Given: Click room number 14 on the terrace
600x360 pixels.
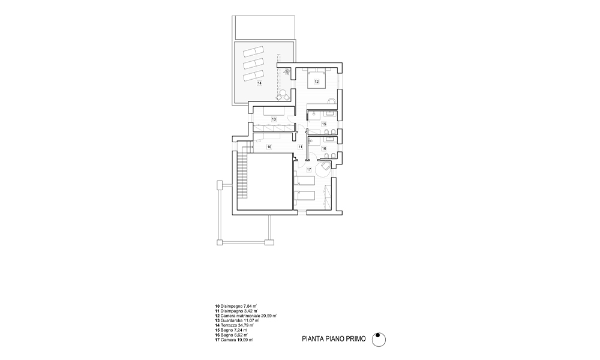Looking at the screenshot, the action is [259, 83].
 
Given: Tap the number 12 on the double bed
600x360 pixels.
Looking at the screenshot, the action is [316, 82].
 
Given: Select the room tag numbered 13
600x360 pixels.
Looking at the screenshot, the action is [274, 119].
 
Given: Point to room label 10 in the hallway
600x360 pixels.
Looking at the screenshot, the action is [269, 147].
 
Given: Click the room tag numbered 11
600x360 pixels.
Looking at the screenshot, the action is [301, 147].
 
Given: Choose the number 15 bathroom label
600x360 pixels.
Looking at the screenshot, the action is [324, 124].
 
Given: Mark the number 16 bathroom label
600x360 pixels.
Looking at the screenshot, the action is [324, 148].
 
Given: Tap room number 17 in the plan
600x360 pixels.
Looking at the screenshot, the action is [309, 169].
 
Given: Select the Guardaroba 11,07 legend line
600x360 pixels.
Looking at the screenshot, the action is [237, 320].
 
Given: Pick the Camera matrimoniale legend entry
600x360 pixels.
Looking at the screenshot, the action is [245, 316].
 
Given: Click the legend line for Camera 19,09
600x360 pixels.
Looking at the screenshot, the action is [234, 340].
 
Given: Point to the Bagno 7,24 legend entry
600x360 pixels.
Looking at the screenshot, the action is [231, 330].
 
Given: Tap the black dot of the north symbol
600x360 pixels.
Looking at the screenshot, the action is [377, 335].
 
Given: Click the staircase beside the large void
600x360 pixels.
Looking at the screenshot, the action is [243, 175].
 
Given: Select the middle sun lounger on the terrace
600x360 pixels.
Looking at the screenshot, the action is [254, 63].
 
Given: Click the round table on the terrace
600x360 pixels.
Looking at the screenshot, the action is [284, 92].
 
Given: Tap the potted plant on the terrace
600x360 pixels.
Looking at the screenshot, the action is [287, 71].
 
